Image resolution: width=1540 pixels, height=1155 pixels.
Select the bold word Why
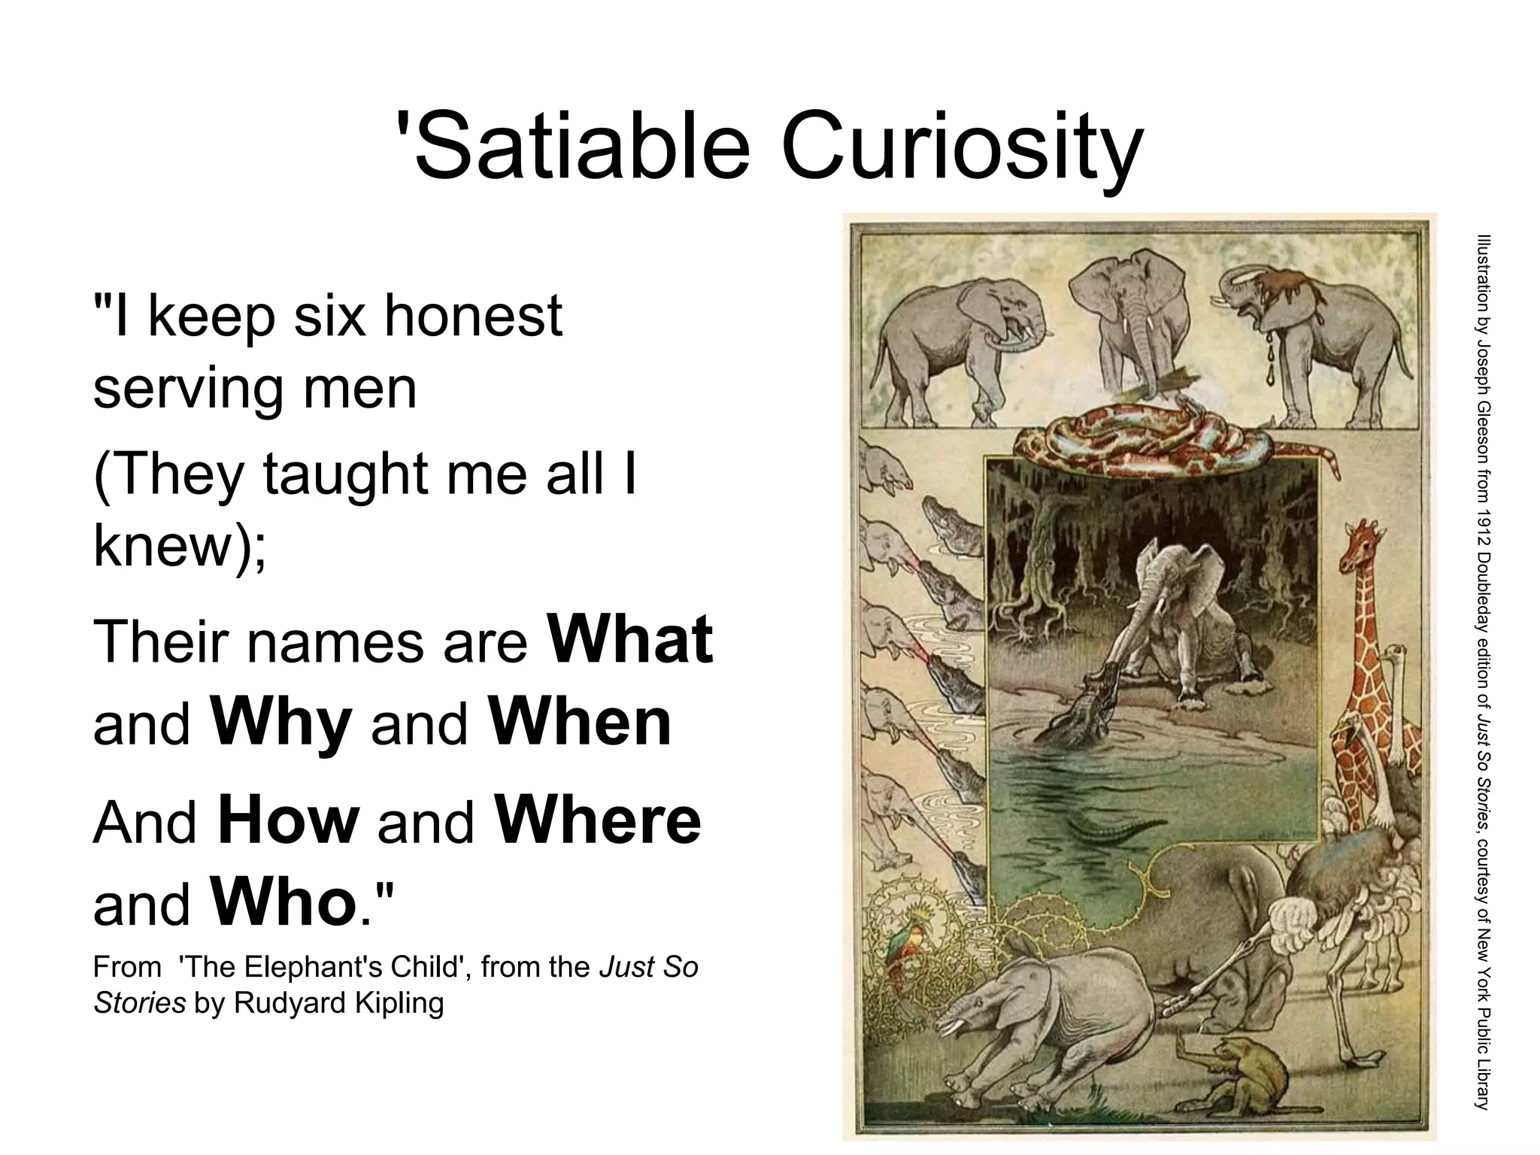tap(281, 723)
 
